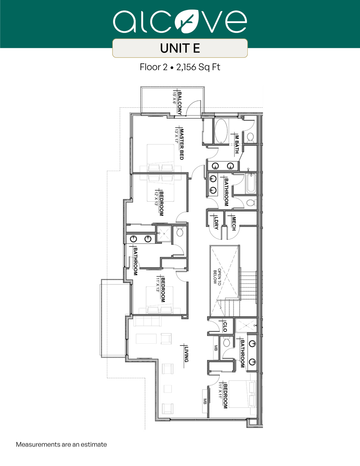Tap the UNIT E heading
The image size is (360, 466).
pyautogui.click(x=180, y=48)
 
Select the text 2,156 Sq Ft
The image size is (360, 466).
pyautogui.click(x=198, y=67)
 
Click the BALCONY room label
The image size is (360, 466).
pyautogui.click(x=180, y=103)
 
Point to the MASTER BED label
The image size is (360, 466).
pyautogui.click(x=182, y=144)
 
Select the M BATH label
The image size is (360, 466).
pyautogui.click(x=237, y=144)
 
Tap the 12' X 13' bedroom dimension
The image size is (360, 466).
pyautogui.click(x=156, y=199)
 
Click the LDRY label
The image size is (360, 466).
pyautogui.click(x=216, y=223)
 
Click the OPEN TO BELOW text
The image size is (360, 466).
pyautogui.click(x=217, y=276)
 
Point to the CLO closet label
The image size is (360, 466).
pyautogui.click(x=225, y=326)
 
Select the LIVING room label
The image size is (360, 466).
pyautogui.click(x=186, y=354)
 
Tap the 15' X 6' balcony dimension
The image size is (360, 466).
pyautogui.click(x=174, y=97)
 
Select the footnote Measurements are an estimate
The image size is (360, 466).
pyautogui.click(x=61, y=444)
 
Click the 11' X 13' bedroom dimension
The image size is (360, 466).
pyautogui.click(x=158, y=284)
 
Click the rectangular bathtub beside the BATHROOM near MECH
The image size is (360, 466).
pyautogui.click(x=251, y=184)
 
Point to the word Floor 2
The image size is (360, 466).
pyautogui.click(x=153, y=67)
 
